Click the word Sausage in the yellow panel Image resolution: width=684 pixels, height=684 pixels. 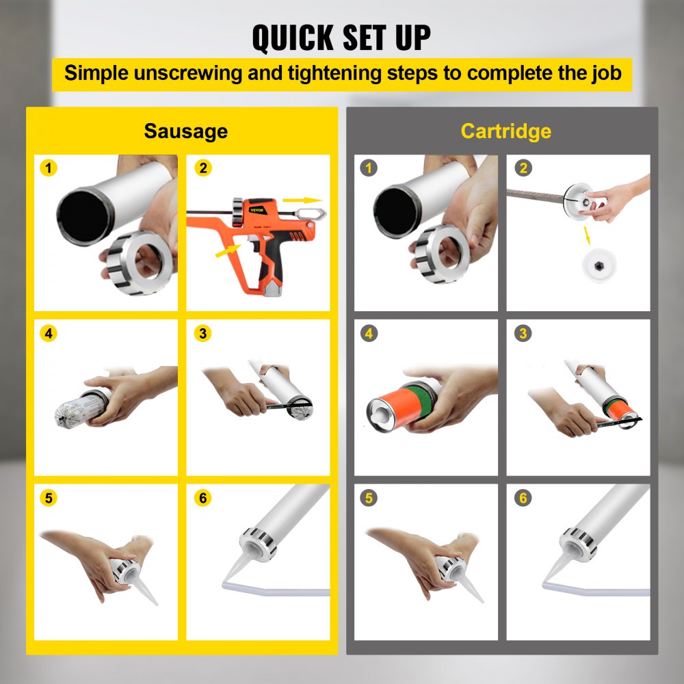(185, 131)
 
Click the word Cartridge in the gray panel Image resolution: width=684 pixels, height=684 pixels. (505, 131)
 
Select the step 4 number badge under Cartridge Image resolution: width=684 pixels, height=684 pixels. (369, 334)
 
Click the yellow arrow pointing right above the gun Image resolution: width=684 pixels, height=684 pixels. (303, 200)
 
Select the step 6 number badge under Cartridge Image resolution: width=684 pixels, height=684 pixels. (523, 498)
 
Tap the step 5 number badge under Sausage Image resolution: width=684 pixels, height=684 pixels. (48, 498)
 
